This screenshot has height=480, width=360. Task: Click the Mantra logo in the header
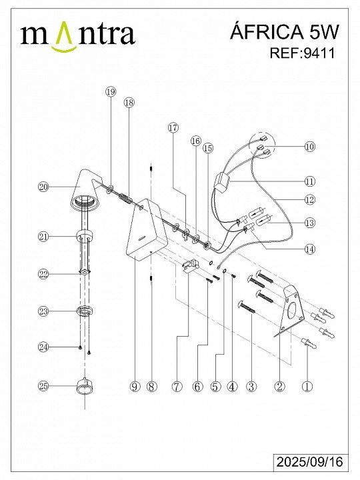(x=78, y=35)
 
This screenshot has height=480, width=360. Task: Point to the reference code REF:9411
(x=302, y=53)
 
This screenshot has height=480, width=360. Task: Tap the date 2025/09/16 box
(x=310, y=461)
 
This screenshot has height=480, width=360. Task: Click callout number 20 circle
(x=43, y=187)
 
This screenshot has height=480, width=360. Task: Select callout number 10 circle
(x=310, y=146)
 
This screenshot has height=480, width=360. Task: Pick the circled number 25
(x=43, y=386)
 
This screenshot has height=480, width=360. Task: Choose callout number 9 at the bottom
(x=135, y=387)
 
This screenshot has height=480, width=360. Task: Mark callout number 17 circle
(x=173, y=127)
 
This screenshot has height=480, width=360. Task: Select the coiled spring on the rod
(x=125, y=199)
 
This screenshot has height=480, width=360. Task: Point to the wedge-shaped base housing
(x=147, y=230)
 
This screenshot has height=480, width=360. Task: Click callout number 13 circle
(x=310, y=223)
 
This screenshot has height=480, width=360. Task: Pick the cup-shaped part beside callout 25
(x=85, y=386)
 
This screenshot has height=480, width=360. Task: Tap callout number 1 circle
(x=307, y=386)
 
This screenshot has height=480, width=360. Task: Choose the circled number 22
(x=43, y=274)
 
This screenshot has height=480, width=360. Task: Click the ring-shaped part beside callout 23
(x=85, y=311)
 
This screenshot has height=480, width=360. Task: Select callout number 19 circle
(x=111, y=91)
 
